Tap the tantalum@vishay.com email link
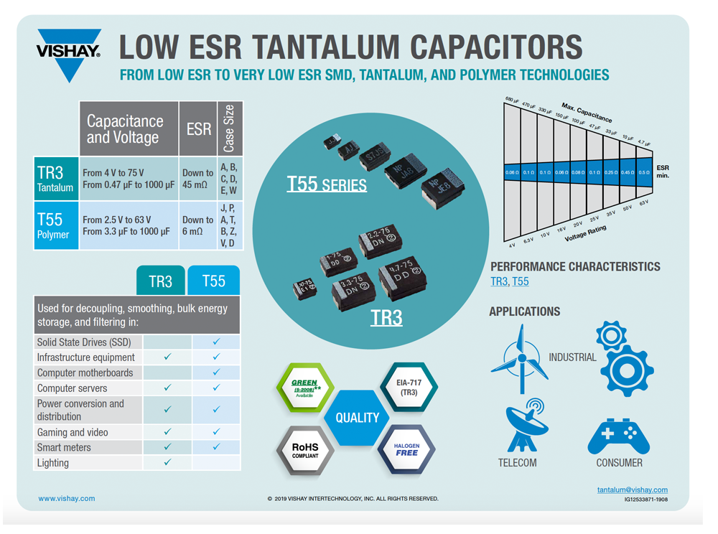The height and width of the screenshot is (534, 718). tap(632, 489)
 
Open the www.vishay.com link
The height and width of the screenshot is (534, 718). tap(66, 498)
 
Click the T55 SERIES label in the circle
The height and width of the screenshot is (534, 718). tap(327, 184)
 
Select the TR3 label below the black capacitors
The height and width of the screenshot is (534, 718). tap(386, 317)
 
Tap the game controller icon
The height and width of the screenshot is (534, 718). tap(619, 436)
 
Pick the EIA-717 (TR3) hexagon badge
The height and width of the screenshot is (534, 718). tap(409, 388)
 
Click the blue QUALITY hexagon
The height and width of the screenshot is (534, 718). tap(357, 418)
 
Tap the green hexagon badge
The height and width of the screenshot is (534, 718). tap(304, 388)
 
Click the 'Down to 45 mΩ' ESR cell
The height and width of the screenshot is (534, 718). tap(197, 178)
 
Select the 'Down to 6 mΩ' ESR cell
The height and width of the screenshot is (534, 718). tap(197, 225)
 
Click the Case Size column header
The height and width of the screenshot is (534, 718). tap(230, 128)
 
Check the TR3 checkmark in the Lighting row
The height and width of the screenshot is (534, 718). tap(167, 462)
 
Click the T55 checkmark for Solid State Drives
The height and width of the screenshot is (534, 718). tap(216, 342)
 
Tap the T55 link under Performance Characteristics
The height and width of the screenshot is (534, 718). tap(520, 281)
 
